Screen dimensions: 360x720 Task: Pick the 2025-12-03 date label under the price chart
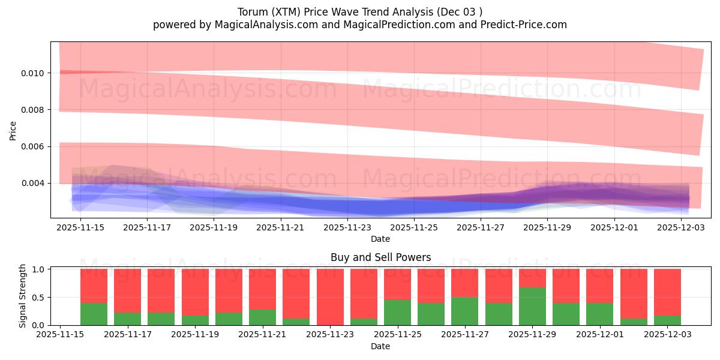pyautogui.click(x=682, y=228)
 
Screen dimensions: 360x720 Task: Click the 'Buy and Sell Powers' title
pyautogui.click(x=380, y=257)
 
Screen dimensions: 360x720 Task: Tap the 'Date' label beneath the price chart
pyautogui.click(x=380, y=239)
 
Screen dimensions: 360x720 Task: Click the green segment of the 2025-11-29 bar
pyautogui.click(x=532, y=307)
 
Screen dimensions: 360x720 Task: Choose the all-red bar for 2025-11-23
pyautogui.click(x=330, y=297)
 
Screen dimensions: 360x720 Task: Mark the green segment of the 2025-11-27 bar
pyautogui.click(x=465, y=311)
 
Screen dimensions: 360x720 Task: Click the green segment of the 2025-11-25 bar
pyautogui.click(x=397, y=313)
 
